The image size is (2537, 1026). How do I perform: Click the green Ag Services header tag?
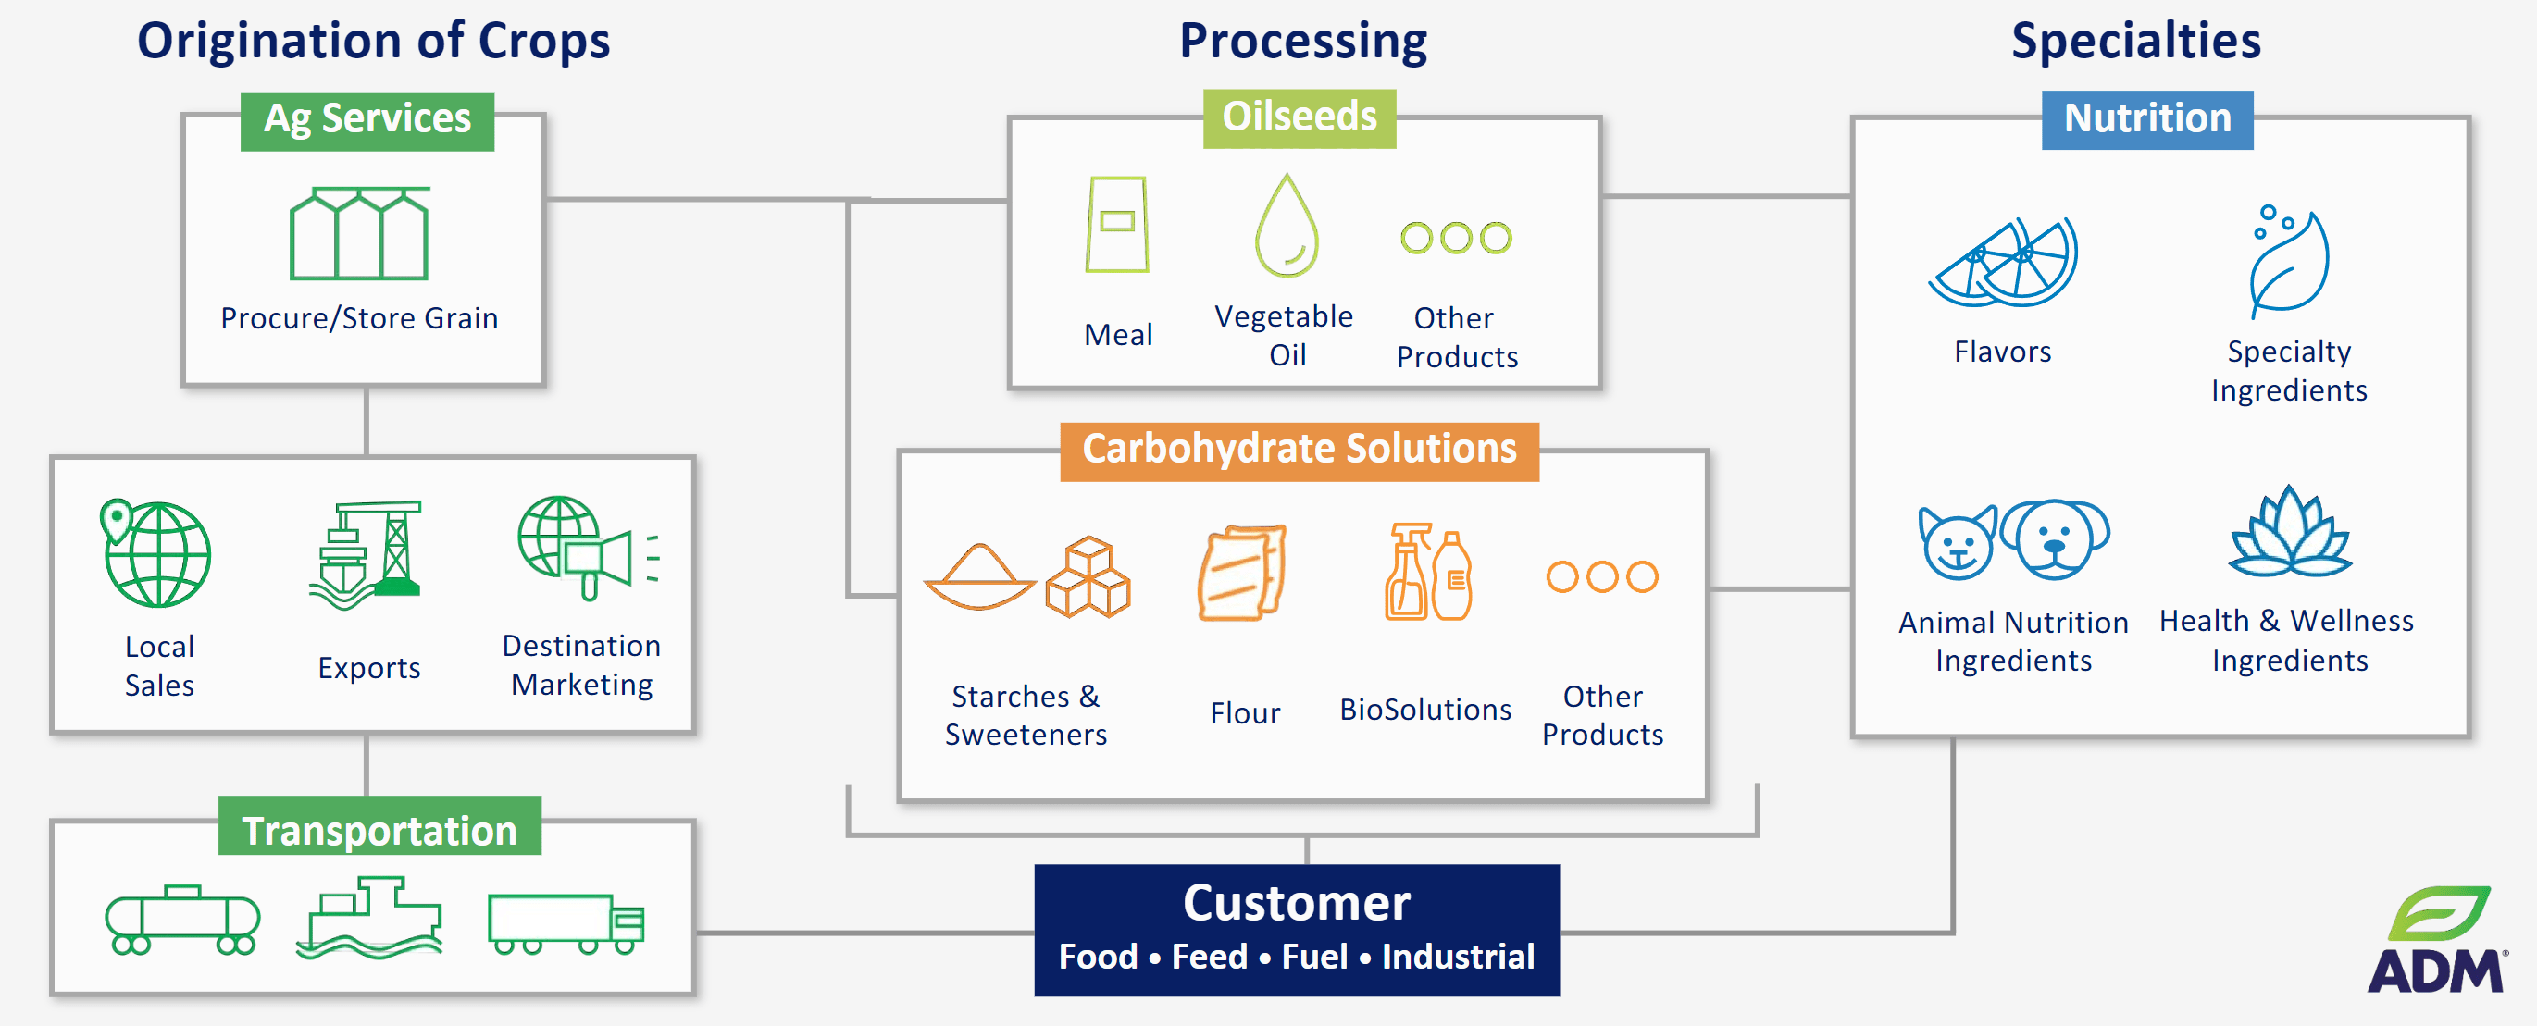point(367,120)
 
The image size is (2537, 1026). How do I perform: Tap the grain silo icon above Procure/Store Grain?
point(358,233)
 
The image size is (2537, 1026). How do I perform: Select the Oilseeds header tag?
point(1298,118)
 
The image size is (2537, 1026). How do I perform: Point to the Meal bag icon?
point(1117,225)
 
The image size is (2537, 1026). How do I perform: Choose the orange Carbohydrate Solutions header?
point(1298,450)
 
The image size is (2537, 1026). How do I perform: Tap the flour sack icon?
point(1243,573)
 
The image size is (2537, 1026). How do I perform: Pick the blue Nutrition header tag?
point(2146,120)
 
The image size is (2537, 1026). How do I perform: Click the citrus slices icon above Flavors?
point(2003,263)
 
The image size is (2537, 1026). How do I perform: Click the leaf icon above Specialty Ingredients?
point(2289,261)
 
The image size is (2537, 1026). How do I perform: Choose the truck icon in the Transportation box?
point(566,923)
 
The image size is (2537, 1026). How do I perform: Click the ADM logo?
point(2436,941)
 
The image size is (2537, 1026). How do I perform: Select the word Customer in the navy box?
point(1296,903)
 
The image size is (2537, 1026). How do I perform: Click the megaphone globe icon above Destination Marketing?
point(587,550)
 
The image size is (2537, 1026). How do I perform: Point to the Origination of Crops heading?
point(373,42)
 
